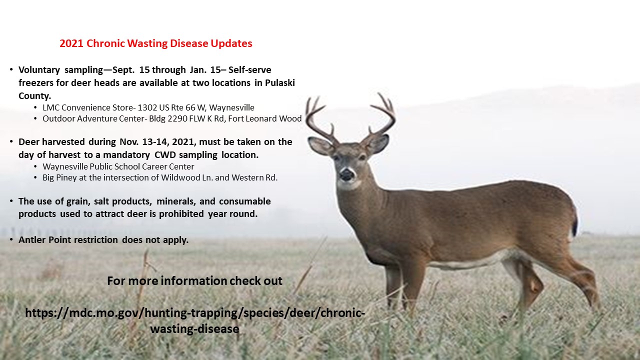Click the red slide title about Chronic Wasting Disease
(155, 43)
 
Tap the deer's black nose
(346, 174)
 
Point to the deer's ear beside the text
(320, 145)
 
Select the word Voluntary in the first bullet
(39, 70)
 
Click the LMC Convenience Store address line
(148, 107)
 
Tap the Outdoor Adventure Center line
(172, 118)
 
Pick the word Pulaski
(279, 83)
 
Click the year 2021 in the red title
(71, 43)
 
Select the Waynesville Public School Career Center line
(118, 166)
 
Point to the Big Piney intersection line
(160, 177)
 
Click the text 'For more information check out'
(194, 281)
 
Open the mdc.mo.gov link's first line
(195, 313)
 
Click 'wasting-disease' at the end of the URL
(194, 329)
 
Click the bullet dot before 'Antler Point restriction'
(11, 239)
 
